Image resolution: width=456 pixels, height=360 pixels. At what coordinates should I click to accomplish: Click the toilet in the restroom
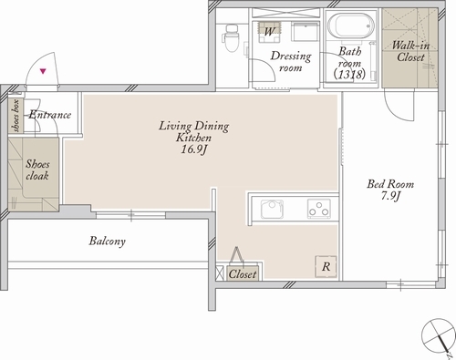click(x=232, y=37)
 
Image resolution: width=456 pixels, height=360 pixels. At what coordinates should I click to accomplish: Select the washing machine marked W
click(x=269, y=32)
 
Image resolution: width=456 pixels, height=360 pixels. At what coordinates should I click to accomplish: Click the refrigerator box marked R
click(x=326, y=266)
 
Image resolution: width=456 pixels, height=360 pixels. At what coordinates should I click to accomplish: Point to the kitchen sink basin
click(x=272, y=209)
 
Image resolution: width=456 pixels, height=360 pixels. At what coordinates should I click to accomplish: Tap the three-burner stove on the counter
click(x=319, y=209)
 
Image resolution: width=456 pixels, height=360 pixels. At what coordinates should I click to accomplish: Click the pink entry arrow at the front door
click(x=43, y=71)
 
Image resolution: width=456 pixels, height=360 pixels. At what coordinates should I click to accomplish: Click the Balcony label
click(x=108, y=242)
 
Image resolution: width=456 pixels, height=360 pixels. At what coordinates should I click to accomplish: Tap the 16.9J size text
click(x=194, y=149)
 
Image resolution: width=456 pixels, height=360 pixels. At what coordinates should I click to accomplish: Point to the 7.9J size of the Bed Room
click(x=390, y=196)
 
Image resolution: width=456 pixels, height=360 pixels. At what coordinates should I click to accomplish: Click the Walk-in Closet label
click(x=410, y=51)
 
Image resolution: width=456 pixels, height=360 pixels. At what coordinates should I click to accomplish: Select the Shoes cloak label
click(x=37, y=170)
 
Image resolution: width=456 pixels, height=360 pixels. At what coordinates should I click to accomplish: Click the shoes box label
click(x=16, y=116)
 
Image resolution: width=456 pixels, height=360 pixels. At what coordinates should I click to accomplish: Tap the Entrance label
click(x=50, y=115)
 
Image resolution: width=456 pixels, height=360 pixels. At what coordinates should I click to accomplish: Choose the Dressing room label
click(x=291, y=61)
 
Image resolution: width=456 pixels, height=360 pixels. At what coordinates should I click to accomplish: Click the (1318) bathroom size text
click(x=349, y=75)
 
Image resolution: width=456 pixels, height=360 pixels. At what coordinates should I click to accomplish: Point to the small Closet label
click(x=243, y=274)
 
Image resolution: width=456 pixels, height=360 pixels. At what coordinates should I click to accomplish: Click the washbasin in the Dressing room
click(x=306, y=31)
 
